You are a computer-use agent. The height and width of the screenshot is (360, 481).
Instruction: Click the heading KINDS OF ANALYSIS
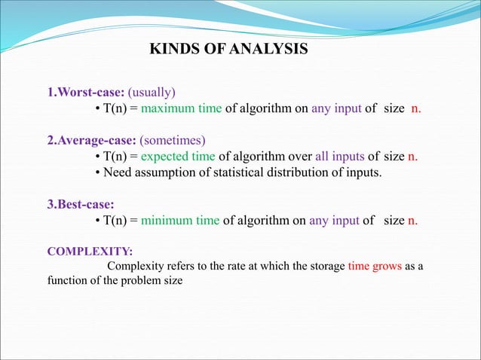228,50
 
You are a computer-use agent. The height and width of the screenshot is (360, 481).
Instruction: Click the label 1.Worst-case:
86,93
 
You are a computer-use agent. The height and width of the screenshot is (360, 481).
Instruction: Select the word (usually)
152,93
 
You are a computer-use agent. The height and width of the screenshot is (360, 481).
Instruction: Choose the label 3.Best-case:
80,204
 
